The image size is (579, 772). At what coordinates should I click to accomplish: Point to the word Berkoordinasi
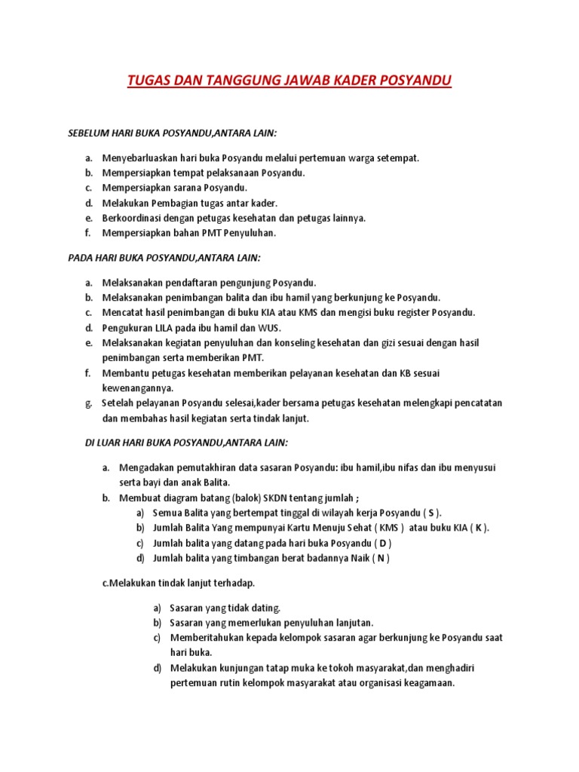(131, 218)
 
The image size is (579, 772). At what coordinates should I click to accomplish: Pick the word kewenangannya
(138, 388)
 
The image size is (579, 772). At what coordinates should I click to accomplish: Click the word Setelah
(117, 403)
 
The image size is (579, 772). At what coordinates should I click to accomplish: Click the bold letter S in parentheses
(431, 513)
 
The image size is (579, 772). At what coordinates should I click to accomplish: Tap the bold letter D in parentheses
(382, 543)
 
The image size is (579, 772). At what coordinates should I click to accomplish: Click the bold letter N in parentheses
(381, 558)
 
